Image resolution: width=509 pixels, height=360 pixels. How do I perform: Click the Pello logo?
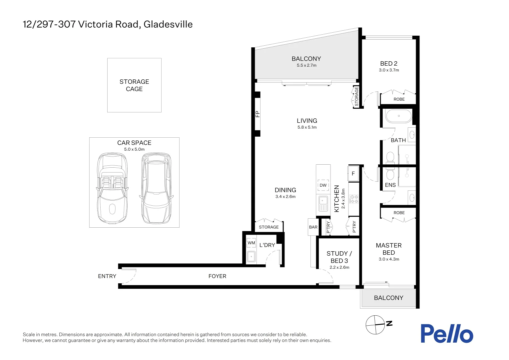coord(446,334)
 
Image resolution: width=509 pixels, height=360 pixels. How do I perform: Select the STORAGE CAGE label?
coord(134,85)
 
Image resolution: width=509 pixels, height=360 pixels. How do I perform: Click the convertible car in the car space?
coord(112,188)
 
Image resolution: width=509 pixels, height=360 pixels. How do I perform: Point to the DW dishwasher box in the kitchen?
coord(323,185)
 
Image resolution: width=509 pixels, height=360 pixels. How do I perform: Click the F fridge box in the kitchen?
coord(353,174)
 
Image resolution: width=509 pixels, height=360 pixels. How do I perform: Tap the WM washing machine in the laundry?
coord(251,243)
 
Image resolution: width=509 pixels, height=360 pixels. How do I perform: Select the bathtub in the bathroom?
coord(398,116)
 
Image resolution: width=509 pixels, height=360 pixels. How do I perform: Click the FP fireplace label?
coord(257,114)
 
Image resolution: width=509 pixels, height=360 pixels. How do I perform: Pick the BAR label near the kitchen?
coord(313,227)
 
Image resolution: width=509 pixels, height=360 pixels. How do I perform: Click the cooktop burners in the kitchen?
coord(353,199)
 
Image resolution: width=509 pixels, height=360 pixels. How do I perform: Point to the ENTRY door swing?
coord(130,276)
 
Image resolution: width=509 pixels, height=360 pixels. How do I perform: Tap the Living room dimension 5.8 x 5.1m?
coord(307,127)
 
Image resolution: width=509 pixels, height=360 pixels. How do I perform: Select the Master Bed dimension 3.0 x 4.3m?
coord(389,259)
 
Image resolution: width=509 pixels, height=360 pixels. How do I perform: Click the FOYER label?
coord(217,276)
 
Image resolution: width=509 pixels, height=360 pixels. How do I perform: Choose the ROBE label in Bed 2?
coord(399,99)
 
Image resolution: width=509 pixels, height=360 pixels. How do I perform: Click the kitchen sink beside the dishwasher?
coord(323,204)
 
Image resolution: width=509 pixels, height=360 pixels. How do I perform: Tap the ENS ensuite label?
coord(390,185)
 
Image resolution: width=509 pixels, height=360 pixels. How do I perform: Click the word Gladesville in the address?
coord(168,24)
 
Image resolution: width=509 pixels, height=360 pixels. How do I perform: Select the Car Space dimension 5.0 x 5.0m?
coord(134,149)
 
